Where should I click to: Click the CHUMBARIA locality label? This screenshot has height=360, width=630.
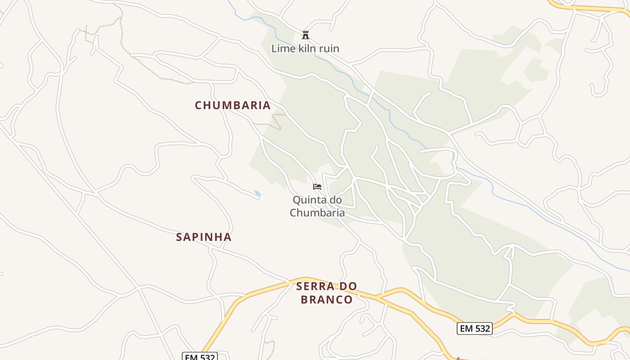(x=233, y=105)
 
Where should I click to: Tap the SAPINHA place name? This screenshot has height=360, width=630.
(x=203, y=237)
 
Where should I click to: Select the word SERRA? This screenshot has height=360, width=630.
(x=315, y=286)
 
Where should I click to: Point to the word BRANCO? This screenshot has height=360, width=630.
(x=327, y=300)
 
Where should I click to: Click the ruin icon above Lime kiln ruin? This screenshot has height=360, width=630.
(x=306, y=35)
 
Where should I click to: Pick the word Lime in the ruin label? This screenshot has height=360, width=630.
(x=281, y=49)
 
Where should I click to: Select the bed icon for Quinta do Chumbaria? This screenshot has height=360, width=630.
(x=317, y=186)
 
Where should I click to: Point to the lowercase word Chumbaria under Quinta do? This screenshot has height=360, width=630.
(x=317, y=212)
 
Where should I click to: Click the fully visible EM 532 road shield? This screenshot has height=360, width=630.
(x=475, y=328)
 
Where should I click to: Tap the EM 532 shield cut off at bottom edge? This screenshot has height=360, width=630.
(x=200, y=356)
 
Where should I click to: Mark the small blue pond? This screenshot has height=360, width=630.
(x=257, y=193)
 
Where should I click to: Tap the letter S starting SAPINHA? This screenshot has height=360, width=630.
(x=179, y=237)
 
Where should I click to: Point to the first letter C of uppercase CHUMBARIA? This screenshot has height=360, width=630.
(x=198, y=105)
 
